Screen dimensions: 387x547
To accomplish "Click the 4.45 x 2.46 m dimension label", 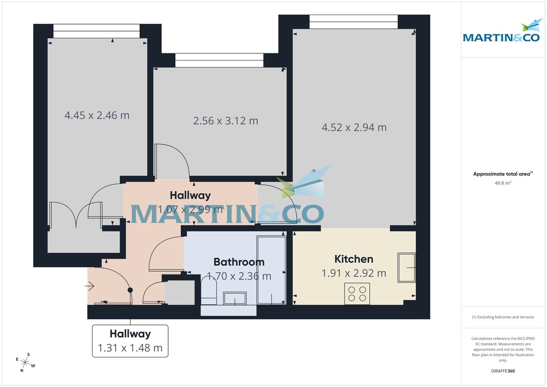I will coord(97,115).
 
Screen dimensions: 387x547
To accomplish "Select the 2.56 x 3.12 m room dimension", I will coord(226,121).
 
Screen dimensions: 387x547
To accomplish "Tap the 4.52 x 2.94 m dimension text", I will coord(354,128).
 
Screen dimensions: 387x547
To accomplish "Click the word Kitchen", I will coord(354,259).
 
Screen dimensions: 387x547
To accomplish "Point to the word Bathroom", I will coord(239,262).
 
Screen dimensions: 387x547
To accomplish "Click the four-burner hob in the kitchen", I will coord(357,293).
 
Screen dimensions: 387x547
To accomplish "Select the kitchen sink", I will coord(406,268).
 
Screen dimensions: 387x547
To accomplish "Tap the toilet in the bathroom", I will coord(209,292).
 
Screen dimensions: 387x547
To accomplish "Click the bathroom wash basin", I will coord(235,299).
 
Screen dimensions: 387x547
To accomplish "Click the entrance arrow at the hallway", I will coord(89,286).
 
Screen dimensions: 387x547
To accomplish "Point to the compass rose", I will coord(26,363).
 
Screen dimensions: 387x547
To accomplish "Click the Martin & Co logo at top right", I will coord(501,32).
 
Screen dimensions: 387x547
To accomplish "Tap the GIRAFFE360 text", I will coord(503,371).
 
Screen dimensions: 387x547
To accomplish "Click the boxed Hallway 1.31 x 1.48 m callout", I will coord(130,341).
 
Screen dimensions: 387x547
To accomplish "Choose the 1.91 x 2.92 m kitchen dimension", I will coord(354,273).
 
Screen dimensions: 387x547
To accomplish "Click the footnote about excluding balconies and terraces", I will coord(503,317).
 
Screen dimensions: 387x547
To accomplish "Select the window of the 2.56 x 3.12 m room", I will coord(219,60).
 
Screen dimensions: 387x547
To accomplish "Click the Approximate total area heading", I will coord(503,174).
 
